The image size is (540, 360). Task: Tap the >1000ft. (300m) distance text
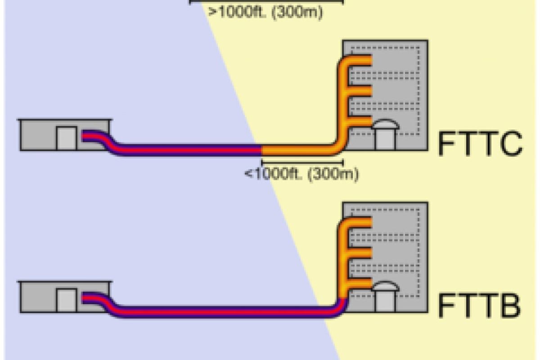click(266, 12)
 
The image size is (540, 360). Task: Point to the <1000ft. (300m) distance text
click(301, 174)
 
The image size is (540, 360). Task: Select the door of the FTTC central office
click(66, 138)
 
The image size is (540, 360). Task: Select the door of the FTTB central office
click(66, 300)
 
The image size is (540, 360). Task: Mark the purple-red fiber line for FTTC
click(189, 150)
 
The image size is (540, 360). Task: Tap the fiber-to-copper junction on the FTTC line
click(262, 150)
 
